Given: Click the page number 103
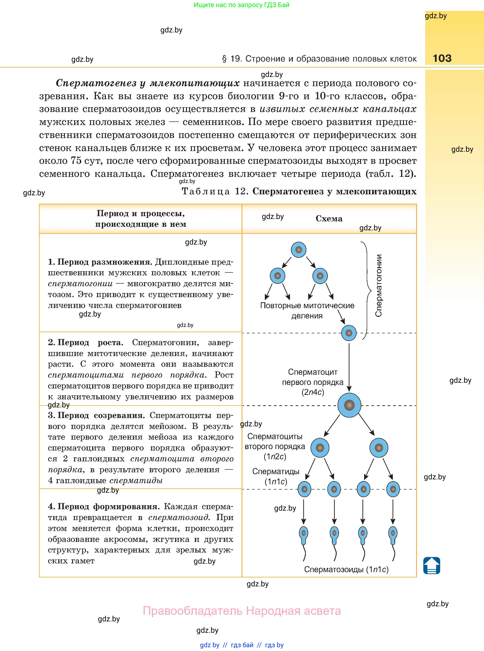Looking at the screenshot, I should (x=442, y=58).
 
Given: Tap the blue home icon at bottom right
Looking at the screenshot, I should (x=432, y=565).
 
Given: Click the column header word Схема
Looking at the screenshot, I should (x=329, y=219).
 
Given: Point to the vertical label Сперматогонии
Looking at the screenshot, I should (x=379, y=285).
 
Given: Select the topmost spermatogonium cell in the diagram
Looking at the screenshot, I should (x=299, y=250).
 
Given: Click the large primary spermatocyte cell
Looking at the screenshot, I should (x=349, y=405).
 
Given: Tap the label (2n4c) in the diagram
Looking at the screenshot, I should (x=313, y=392).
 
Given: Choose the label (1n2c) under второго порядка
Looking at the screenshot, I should (x=275, y=456).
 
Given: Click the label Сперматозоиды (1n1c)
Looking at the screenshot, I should (x=346, y=569).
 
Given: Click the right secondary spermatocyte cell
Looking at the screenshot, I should (x=379, y=448).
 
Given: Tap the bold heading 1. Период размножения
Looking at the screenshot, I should (x=100, y=262).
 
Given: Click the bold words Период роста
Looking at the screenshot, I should (x=90, y=342).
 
